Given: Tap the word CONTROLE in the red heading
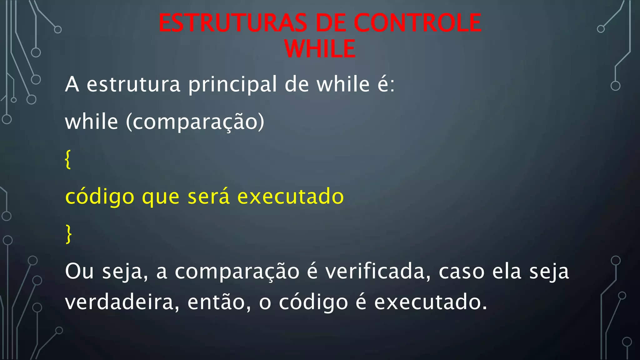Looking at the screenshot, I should click(x=417, y=23).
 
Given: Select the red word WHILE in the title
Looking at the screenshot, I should click(x=320, y=49).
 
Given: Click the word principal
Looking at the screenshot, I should click(x=232, y=85).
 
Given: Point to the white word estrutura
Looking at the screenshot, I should click(x=133, y=85).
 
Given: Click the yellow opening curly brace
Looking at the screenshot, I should click(x=67, y=159).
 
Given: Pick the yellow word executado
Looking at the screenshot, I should click(x=290, y=197).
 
